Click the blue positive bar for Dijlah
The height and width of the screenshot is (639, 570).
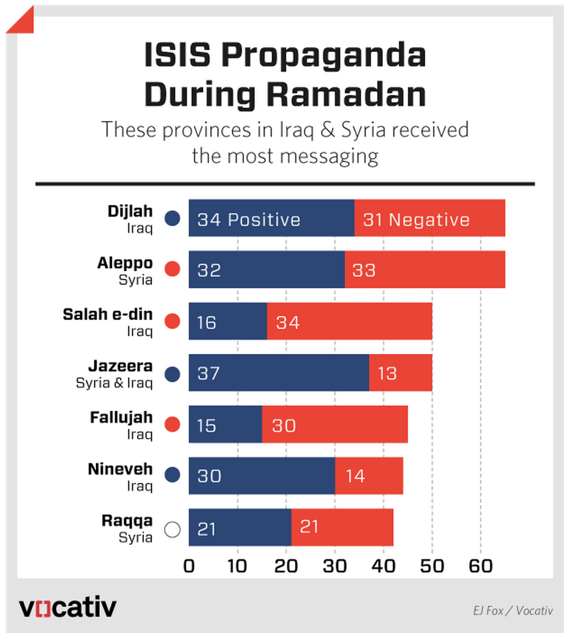pyautogui.click(x=272, y=219)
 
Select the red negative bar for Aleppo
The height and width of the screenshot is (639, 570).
pyautogui.click(x=424, y=270)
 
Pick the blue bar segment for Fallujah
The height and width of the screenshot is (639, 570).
pyautogui.click(x=225, y=425)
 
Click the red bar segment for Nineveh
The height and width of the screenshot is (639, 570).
pyautogui.click(x=369, y=477)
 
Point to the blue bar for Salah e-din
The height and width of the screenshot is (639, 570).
pyautogui.click(x=228, y=322)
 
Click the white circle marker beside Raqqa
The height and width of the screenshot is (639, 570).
pyautogui.click(x=173, y=530)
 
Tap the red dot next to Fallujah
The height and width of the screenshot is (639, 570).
pyautogui.click(x=173, y=426)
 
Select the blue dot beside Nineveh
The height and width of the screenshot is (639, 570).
pyautogui.click(x=173, y=477)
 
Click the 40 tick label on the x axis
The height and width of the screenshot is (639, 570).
pyautogui.click(x=383, y=566)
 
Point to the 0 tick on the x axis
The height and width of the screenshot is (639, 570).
pyautogui.click(x=189, y=566)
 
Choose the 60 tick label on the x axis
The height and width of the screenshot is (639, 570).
pyautogui.click(x=481, y=566)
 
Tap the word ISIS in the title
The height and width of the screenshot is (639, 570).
pyautogui.click(x=178, y=56)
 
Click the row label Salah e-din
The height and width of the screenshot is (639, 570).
pyautogui.click(x=108, y=315)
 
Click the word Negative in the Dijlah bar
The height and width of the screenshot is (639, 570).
pyautogui.click(x=429, y=219)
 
